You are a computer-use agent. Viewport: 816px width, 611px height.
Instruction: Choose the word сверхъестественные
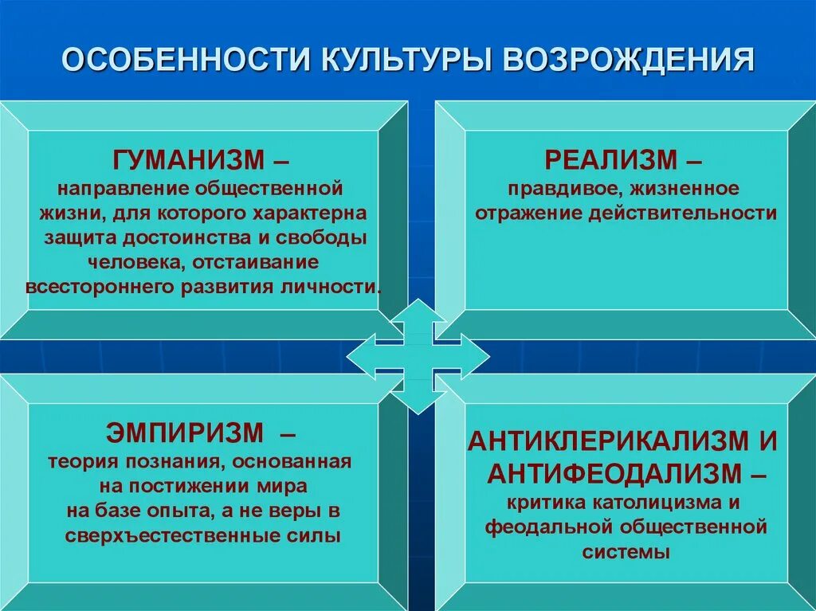pos(172,535)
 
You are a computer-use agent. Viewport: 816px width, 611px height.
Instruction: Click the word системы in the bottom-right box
pos(626,551)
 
